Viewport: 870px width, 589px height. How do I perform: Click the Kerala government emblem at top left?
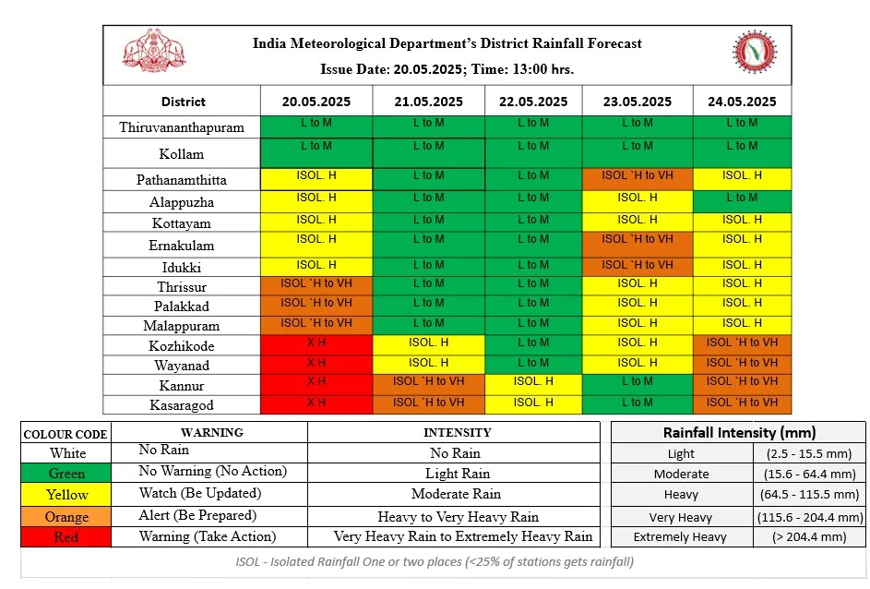coord(154,51)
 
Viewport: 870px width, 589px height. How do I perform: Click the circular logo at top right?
coord(755,52)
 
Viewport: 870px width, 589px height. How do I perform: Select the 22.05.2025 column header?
coord(533,102)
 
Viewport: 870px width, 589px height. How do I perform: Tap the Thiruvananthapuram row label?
coord(182,127)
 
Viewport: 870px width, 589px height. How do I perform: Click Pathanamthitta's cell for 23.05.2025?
coord(638,179)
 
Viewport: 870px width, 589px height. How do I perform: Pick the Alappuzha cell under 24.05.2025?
coord(742,201)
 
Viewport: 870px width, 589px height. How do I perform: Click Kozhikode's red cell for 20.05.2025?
coord(316,345)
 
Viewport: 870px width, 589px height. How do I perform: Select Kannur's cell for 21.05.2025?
coord(428,385)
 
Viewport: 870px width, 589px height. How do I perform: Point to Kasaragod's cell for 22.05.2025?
coord(533,404)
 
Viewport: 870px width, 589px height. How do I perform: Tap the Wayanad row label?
coord(182,366)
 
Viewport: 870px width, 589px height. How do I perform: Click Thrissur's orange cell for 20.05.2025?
coord(316,286)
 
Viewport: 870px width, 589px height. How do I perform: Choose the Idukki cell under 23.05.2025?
coord(638,267)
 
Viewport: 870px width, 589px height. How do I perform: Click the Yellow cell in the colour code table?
coord(66,495)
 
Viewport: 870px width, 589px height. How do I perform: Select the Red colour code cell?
coord(66,536)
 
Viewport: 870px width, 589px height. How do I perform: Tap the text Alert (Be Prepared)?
coord(197,516)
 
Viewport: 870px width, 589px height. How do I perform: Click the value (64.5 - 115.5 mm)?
coord(809,494)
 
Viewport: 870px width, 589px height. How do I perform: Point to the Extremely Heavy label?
coord(680,536)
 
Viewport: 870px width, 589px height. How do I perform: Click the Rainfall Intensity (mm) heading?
coord(739,432)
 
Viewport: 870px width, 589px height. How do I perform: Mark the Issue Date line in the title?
coord(447,69)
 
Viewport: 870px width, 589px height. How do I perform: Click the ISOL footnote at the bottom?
coord(435,561)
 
